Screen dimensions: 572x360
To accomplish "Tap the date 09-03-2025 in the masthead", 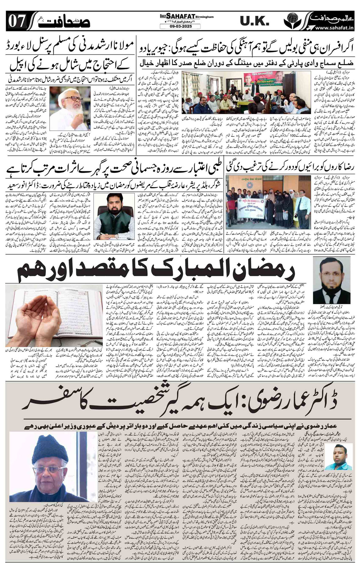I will pos(176,26).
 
